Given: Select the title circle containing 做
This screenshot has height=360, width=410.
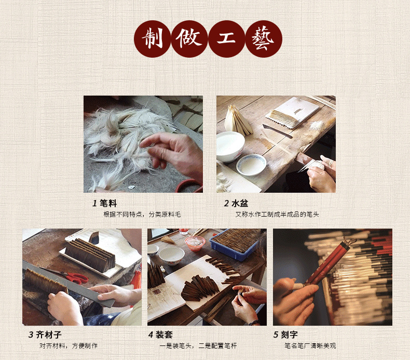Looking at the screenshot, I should [x=189, y=39].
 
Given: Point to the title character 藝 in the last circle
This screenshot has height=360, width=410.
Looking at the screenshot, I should [x=264, y=39].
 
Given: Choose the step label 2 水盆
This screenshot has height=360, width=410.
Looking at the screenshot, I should [x=236, y=203].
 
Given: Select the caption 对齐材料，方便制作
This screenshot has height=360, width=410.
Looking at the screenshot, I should [x=68, y=345].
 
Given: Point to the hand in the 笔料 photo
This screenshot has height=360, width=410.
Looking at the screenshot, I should [x=172, y=151].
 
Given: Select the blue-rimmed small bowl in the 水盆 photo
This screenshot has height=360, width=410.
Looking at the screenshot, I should [x=251, y=164].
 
